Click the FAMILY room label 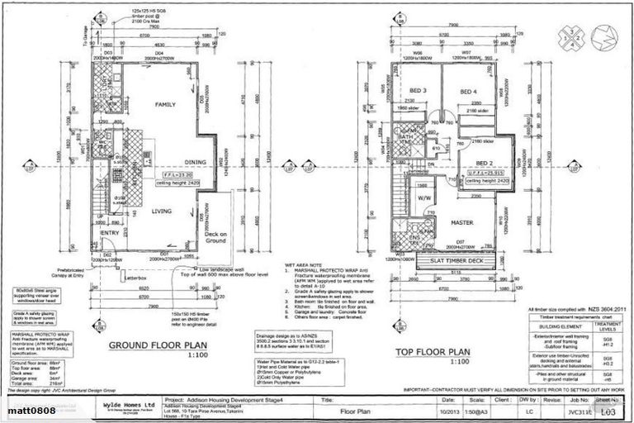pos(168,105)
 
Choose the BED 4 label pos(468,91)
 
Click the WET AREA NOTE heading pos(305,267)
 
